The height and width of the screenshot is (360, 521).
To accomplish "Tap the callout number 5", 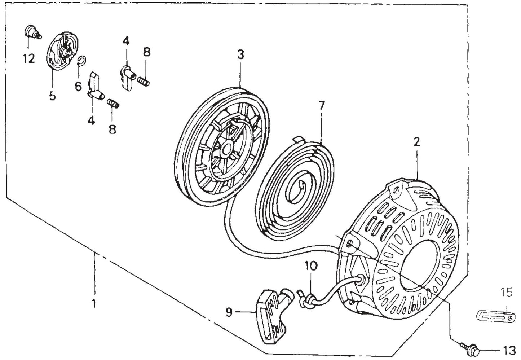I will (52, 96).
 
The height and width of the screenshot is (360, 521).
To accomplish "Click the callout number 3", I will (240, 55).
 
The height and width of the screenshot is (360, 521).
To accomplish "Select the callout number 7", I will (322, 106).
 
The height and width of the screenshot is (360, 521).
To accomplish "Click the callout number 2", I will (416, 142).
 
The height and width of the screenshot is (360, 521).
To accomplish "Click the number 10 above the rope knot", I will (311, 267).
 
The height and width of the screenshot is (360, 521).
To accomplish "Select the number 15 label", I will (507, 293).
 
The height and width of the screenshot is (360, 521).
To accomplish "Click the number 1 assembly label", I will (93, 304).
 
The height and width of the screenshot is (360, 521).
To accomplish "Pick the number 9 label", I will (229, 312).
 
